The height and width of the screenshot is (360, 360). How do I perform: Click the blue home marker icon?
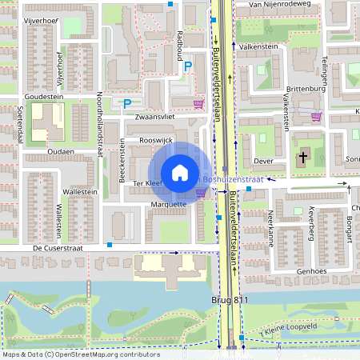coord(180,172)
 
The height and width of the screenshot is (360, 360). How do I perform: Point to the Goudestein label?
coord(44,96)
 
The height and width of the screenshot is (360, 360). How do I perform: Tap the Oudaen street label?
coord(61,151)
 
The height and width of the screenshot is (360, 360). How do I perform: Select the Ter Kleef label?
coord(147,183)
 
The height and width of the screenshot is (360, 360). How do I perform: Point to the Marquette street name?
coord(168,204)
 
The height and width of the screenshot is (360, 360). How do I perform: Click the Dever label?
coord(263,161)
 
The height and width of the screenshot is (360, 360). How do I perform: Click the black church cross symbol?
coord(302,157)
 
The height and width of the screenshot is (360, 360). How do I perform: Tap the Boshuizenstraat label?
coord(234,179)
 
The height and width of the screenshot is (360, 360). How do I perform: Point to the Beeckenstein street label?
coord(122,161)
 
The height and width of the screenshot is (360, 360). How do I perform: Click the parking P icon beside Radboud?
coord(188,68)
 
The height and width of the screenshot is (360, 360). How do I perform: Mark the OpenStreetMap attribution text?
coord(81,354)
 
